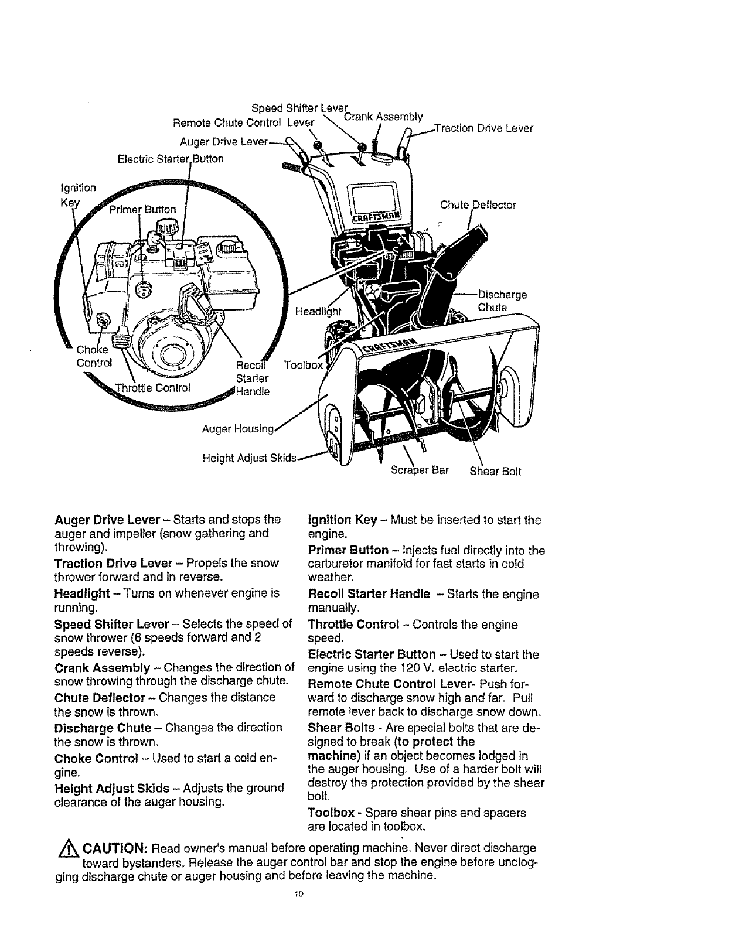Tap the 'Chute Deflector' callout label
tap(478, 205)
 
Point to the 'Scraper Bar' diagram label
tap(420, 471)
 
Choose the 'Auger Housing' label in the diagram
tap(238, 429)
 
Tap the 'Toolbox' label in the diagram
tap(302, 365)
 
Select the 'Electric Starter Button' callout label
tap(171, 159)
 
